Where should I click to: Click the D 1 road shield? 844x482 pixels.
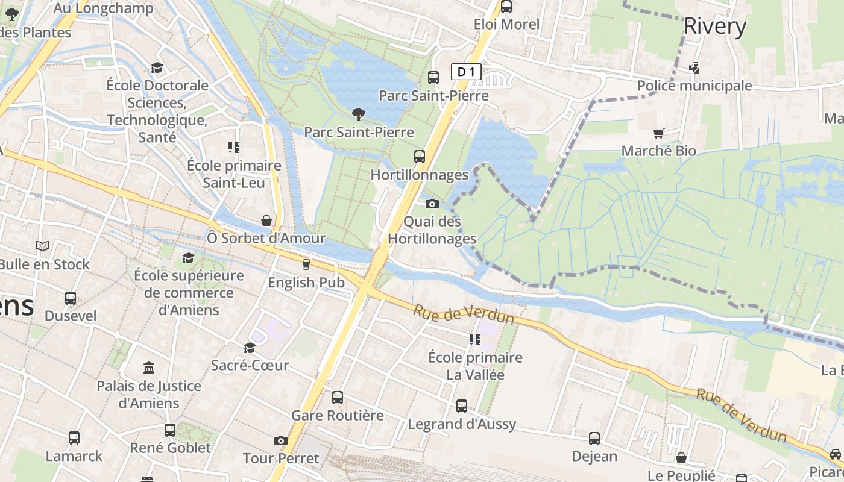click(x=466, y=72)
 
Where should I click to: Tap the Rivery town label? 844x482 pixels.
click(x=715, y=26)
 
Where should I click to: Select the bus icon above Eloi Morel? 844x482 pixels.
click(x=506, y=7)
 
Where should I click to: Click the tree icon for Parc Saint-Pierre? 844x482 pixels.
click(x=358, y=114)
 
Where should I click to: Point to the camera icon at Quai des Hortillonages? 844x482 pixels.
click(x=432, y=204)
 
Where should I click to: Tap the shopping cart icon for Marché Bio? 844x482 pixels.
click(x=658, y=133)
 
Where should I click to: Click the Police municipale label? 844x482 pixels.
click(x=694, y=86)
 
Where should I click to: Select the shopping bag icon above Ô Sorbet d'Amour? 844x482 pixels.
click(x=266, y=221)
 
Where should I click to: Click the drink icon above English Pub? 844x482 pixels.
click(x=306, y=264)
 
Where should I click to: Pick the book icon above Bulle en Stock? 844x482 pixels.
click(x=43, y=246)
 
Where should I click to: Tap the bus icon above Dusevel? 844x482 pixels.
click(x=71, y=298)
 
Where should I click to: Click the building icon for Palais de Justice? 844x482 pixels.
click(x=149, y=368)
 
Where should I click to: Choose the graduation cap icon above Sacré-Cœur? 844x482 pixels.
click(x=250, y=348)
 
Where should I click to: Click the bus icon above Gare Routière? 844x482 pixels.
click(x=338, y=398)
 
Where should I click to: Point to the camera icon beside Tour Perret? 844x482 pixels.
click(x=280, y=440)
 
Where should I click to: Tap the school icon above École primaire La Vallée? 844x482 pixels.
click(x=474, y=340)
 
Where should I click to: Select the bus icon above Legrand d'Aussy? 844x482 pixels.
click(x=462, y=406)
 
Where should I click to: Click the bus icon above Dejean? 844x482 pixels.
click(x=594, y=439)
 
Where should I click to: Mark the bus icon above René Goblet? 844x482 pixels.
click(x=170, y=430)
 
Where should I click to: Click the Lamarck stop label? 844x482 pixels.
click(x=74, y=456)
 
